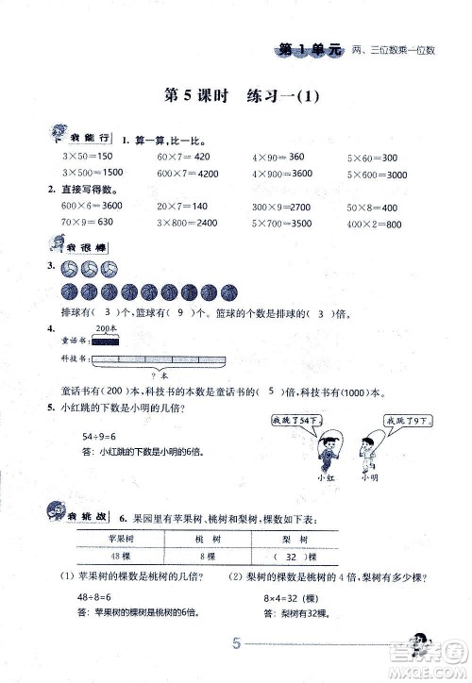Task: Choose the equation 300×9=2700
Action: coord(284,207)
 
